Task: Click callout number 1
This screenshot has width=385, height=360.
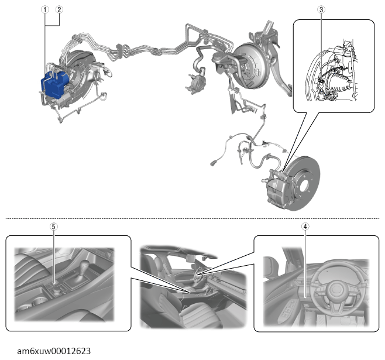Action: pyautogui.click(x=44, y=9)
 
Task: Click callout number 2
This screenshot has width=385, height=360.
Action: pyautogui.click(x=59, y=9)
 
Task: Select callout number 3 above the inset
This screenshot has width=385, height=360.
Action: pyautogui.click(x=321, y=9)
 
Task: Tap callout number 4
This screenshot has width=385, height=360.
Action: pyautogui.click(x=305, y=227)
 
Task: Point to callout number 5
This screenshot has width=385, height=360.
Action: pyautogui.click(x=53, y=227)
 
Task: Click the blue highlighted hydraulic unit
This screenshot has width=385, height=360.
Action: pyautogui.click(x=54, y=84)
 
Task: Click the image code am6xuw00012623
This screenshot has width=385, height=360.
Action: pyautogui.click(x=54, y=351)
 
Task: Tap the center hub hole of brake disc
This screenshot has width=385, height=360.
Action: pyautogui.click(x=304, y=187)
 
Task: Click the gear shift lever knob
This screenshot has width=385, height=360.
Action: pyautogui.click(x=85, y=265)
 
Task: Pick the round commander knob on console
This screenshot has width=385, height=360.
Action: pyautogui.click(x=57, y=292)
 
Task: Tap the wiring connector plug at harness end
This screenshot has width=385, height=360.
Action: pyautogui.click(x=214, y=163)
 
